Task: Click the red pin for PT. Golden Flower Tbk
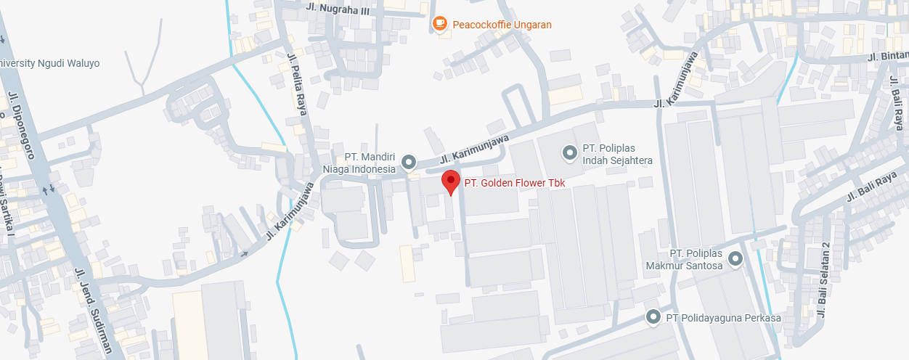[x=451, y=181]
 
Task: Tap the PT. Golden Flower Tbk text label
[x=514, y=184]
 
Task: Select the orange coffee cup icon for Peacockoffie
[x=439, y=24]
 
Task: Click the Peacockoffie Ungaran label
[x=502, y=25]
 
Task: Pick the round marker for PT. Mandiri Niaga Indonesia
[x=409, y=162]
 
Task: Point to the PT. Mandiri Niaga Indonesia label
[x=370, y=163]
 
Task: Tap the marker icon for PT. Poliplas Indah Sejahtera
[x=570, y=153]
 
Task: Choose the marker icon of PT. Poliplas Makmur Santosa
[x=735, y=258]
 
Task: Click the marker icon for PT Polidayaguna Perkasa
[x=653, y=317]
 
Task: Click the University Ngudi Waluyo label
[x=49, y=63]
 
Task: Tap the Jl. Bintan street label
[x=887, y=56]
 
